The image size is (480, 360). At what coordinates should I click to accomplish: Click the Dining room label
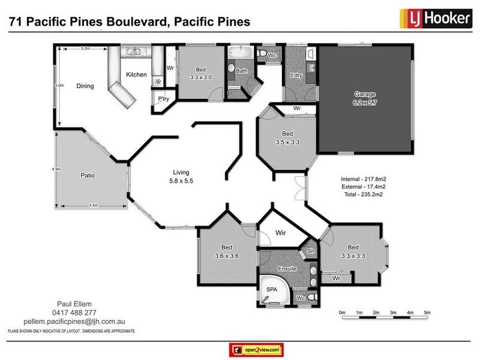tap(85, 86)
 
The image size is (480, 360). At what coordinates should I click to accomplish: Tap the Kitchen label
tap(136, 74)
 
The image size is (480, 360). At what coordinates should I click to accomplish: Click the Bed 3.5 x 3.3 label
tap(287, 137)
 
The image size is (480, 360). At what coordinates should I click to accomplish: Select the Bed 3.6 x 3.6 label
tap(226, 251)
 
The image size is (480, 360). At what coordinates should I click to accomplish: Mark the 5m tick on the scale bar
tap(427, 313)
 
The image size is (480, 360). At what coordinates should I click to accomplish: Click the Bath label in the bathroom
tap(241, 71)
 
